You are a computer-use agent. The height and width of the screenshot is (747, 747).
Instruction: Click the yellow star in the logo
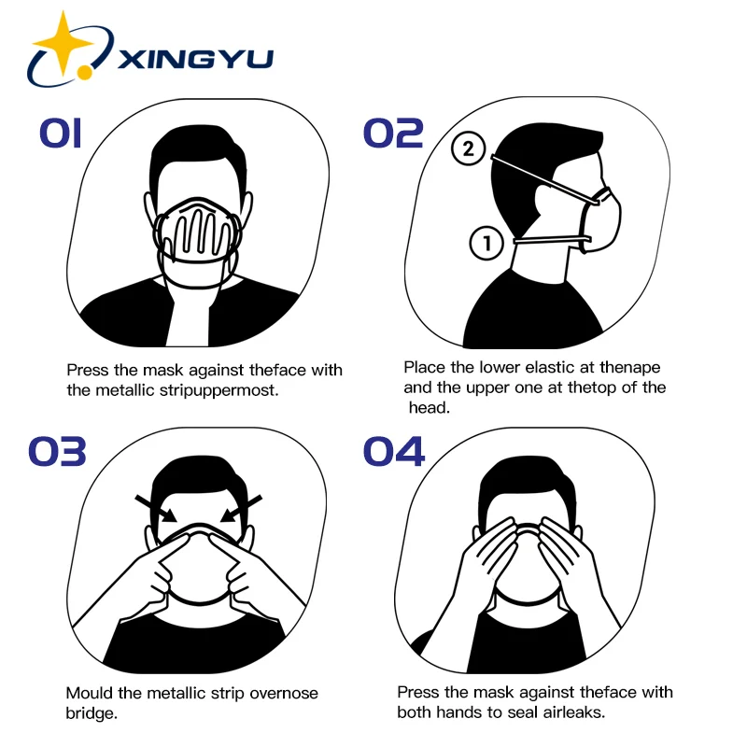[x=63, y=43]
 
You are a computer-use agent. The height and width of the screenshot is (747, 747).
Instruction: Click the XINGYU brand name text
[x=195, y=59]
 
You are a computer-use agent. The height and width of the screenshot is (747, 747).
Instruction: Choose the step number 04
[x=393, y=451]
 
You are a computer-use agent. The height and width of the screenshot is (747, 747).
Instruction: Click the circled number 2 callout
[x=469, y=148]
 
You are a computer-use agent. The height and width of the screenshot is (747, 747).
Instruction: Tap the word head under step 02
[x=429, y=407]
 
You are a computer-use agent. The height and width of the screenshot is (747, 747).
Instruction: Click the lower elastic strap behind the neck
[x=546, y=242]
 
